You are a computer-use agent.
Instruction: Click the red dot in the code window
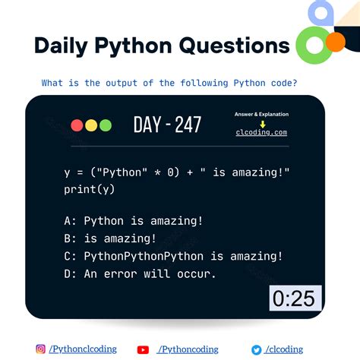pos(77,125)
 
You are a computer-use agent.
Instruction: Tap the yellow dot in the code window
pos(90,125)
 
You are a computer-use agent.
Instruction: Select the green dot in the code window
pos(105,125)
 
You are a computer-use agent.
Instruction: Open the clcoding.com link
pos(262,132)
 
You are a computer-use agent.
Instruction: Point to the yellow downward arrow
pos(262,123)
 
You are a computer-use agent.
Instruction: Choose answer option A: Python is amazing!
pos(133,221)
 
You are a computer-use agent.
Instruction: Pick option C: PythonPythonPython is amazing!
pos(173,256)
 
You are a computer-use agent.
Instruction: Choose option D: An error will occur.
pos(140,273)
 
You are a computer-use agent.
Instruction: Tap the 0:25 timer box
pos(295,298)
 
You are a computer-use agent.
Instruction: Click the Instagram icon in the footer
pos(40,349)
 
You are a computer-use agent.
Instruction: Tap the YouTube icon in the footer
pos(143,349)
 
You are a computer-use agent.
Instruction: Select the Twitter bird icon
pos(257,349)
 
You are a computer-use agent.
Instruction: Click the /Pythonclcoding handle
pos(83,349)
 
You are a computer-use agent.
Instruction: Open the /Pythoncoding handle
pos(188,349)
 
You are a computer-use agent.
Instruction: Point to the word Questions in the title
pos(235,46)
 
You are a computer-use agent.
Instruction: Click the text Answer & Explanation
pos(262,115)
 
